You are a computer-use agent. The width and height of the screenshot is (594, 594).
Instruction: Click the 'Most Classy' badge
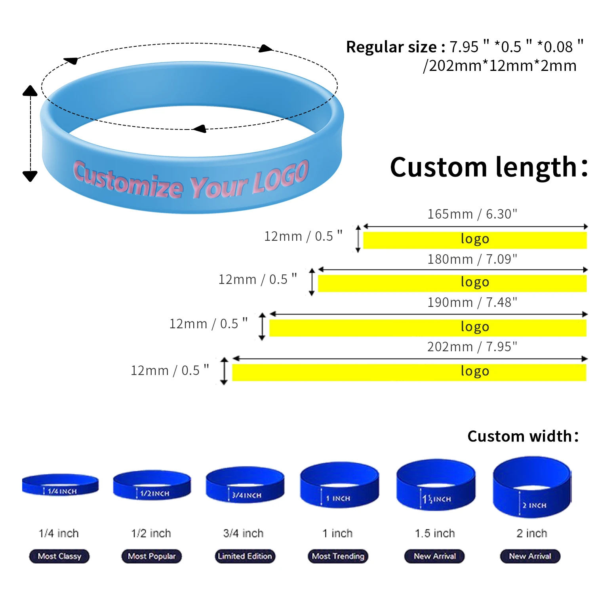[59, 556]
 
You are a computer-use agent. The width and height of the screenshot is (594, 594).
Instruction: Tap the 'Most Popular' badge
[151, 556]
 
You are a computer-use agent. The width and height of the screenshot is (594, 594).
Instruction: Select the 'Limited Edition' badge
[245, 556]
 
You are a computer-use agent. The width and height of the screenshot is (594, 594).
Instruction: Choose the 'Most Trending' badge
[338, 556]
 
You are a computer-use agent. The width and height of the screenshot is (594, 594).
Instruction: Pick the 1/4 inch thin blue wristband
[60, 485]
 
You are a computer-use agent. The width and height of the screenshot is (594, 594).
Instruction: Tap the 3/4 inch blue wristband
[245, 485]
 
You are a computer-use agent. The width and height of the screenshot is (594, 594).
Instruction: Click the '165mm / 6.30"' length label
[472, 214]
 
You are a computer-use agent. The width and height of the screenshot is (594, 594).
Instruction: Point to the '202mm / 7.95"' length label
[472, 347]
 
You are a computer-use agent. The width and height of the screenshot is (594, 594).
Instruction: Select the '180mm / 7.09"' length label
[472, 259]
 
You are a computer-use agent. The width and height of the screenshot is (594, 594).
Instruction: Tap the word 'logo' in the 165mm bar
[475, 239]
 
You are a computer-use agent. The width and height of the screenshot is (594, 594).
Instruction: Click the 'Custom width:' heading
[523, 436]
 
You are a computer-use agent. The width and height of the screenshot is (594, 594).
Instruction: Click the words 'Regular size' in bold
[391, 47]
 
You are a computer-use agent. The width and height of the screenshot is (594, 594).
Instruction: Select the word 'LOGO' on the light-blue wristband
[281, 178]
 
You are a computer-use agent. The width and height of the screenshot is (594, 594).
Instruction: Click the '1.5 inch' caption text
[435, 533]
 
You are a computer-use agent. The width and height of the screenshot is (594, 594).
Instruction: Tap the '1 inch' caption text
[337, 533]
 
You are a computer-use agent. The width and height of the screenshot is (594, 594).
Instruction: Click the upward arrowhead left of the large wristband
[30, 91]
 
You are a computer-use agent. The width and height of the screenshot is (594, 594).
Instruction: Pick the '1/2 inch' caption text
[151, 533]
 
